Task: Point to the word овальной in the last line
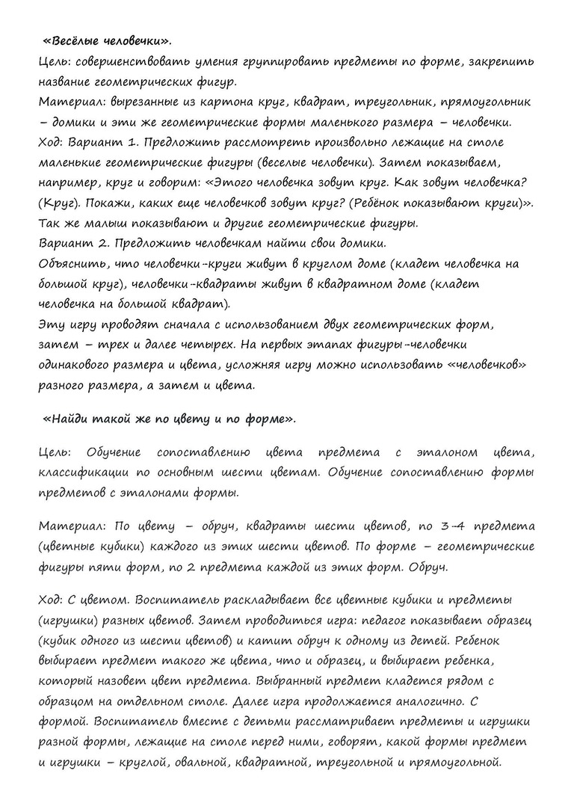tap(195, 763)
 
